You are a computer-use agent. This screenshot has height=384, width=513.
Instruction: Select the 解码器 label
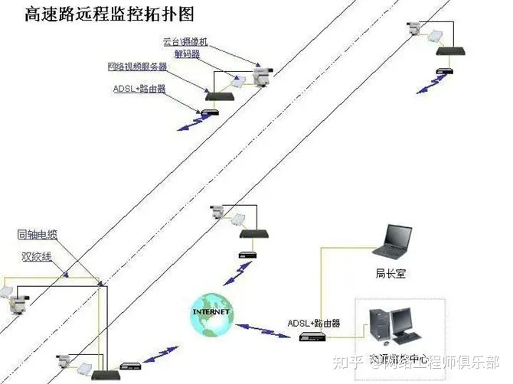click(188, 54)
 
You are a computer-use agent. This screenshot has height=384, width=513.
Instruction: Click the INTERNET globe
click(211, 313)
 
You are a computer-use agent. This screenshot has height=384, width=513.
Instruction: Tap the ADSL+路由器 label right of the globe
click(315, 323)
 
